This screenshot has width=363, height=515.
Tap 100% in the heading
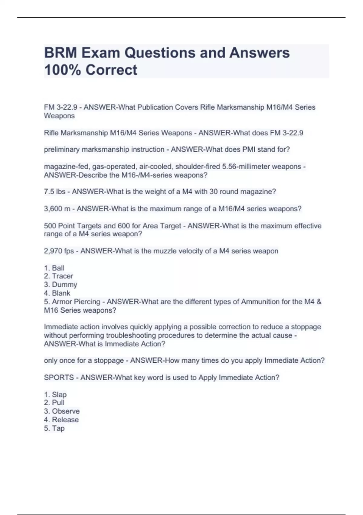pos(62,70)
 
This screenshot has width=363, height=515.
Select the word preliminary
pos(62,150)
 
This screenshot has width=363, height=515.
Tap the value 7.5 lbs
pos(54,192)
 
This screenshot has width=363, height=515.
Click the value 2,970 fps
pos(59,251)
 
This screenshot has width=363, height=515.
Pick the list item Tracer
pos(62,276)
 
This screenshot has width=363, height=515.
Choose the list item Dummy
pos(64,285)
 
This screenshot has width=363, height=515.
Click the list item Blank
pos(61,293)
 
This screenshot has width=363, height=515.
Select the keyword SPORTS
pos(59,378)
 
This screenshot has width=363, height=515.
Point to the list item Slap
pos(59,395)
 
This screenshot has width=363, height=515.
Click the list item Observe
pos(66,411)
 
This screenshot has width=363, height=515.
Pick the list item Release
pos(65,420)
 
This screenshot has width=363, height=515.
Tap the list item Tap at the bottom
pos(58,428)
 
